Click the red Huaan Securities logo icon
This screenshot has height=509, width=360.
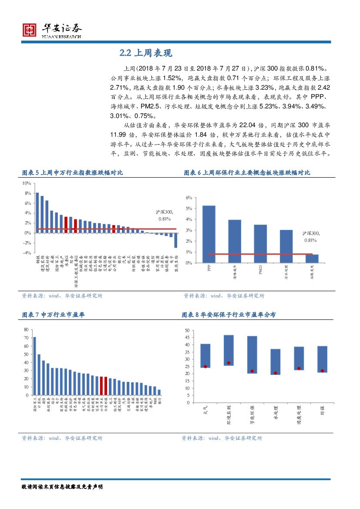coord(29,30)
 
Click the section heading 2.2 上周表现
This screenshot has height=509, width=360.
coord(146,53)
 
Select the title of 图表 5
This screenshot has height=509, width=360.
coord(72,173)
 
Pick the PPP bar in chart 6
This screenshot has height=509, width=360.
coord(209,234)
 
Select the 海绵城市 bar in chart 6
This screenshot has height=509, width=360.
coord(235,241)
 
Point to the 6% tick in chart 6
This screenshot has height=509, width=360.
coord(189,198)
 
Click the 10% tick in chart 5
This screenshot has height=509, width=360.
coord(27,183)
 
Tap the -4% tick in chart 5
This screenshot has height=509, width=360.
coord(27,253)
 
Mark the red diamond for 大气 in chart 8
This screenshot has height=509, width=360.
coord(205,367)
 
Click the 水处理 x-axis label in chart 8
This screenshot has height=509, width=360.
coord(275,411)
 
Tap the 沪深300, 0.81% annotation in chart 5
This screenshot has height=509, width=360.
coord(165,215)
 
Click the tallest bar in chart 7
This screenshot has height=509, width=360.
coord(34,366)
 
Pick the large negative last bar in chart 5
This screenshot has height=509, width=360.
coord(176,240)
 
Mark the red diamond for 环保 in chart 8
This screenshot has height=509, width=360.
coord(323,371)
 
